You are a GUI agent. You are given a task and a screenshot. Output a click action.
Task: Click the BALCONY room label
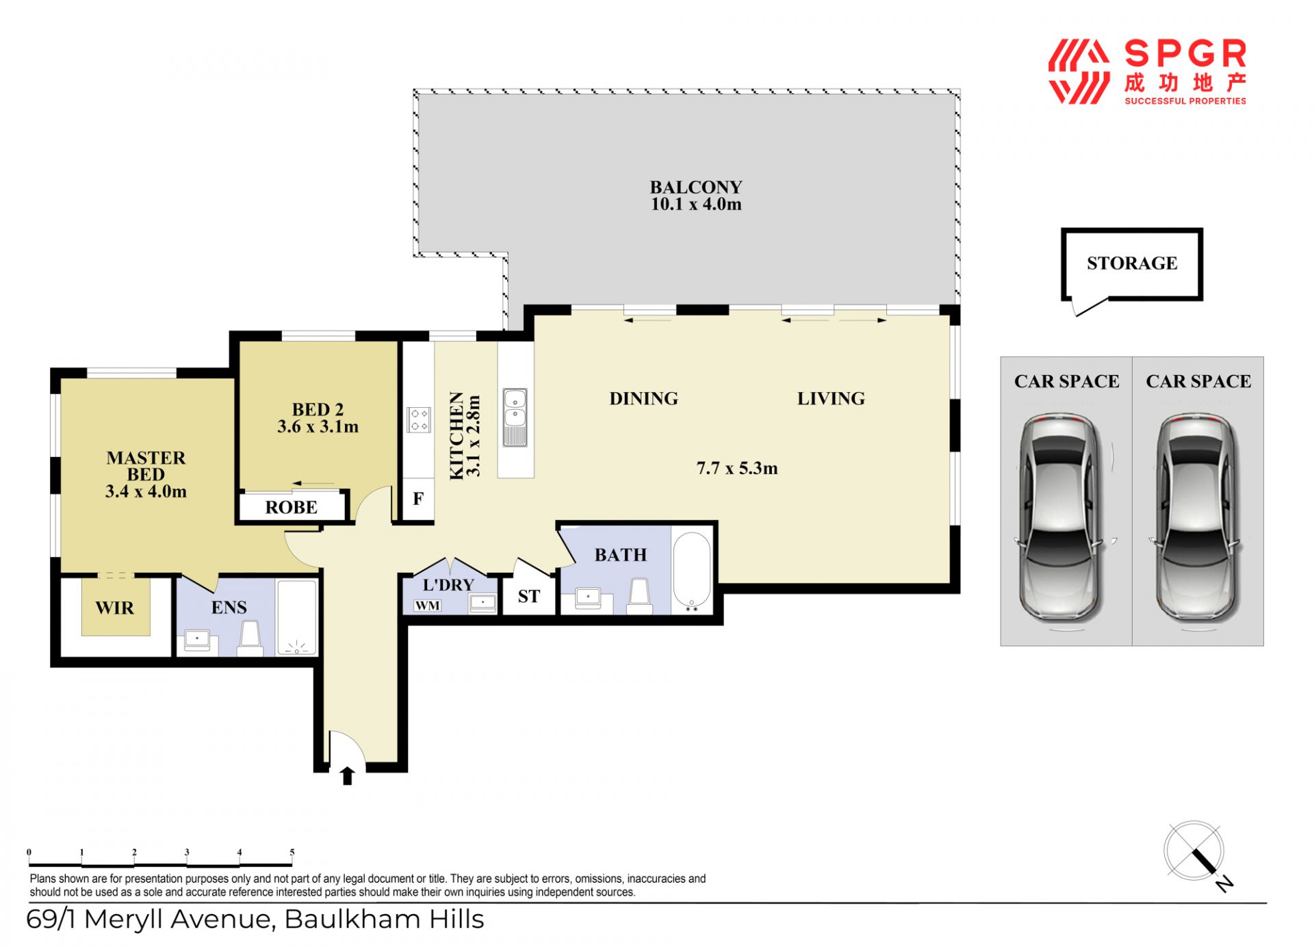tap(695, 187)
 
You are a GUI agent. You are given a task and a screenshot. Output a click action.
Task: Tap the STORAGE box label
tap(1132, 263)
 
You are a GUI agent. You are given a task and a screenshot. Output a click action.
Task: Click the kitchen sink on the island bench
tap(515, 417)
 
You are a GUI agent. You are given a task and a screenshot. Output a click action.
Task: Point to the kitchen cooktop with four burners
tap(419, 419)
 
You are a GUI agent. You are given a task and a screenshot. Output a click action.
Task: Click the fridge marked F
tap(418, 499)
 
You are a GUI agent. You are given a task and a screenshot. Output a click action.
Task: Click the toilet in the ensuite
tap(250, 638)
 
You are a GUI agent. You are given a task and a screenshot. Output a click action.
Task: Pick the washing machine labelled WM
tap(428, 606)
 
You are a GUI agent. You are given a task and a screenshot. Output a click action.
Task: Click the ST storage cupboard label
tap(528, 597)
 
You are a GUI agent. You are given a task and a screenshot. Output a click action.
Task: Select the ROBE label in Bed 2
tap(292, 508)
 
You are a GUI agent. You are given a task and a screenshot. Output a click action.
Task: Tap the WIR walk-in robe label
tap(115, 608)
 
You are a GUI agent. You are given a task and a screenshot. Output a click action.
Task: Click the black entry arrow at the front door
tap(348, 775)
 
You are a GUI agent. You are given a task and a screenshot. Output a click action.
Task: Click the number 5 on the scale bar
tap(292, 853)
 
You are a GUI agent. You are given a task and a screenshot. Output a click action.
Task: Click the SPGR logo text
tap(1185, 54)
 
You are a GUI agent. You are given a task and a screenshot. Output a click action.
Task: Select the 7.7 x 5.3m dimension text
tap(737, 468)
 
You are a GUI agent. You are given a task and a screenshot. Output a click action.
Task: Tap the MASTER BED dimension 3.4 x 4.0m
tap(146, 491)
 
